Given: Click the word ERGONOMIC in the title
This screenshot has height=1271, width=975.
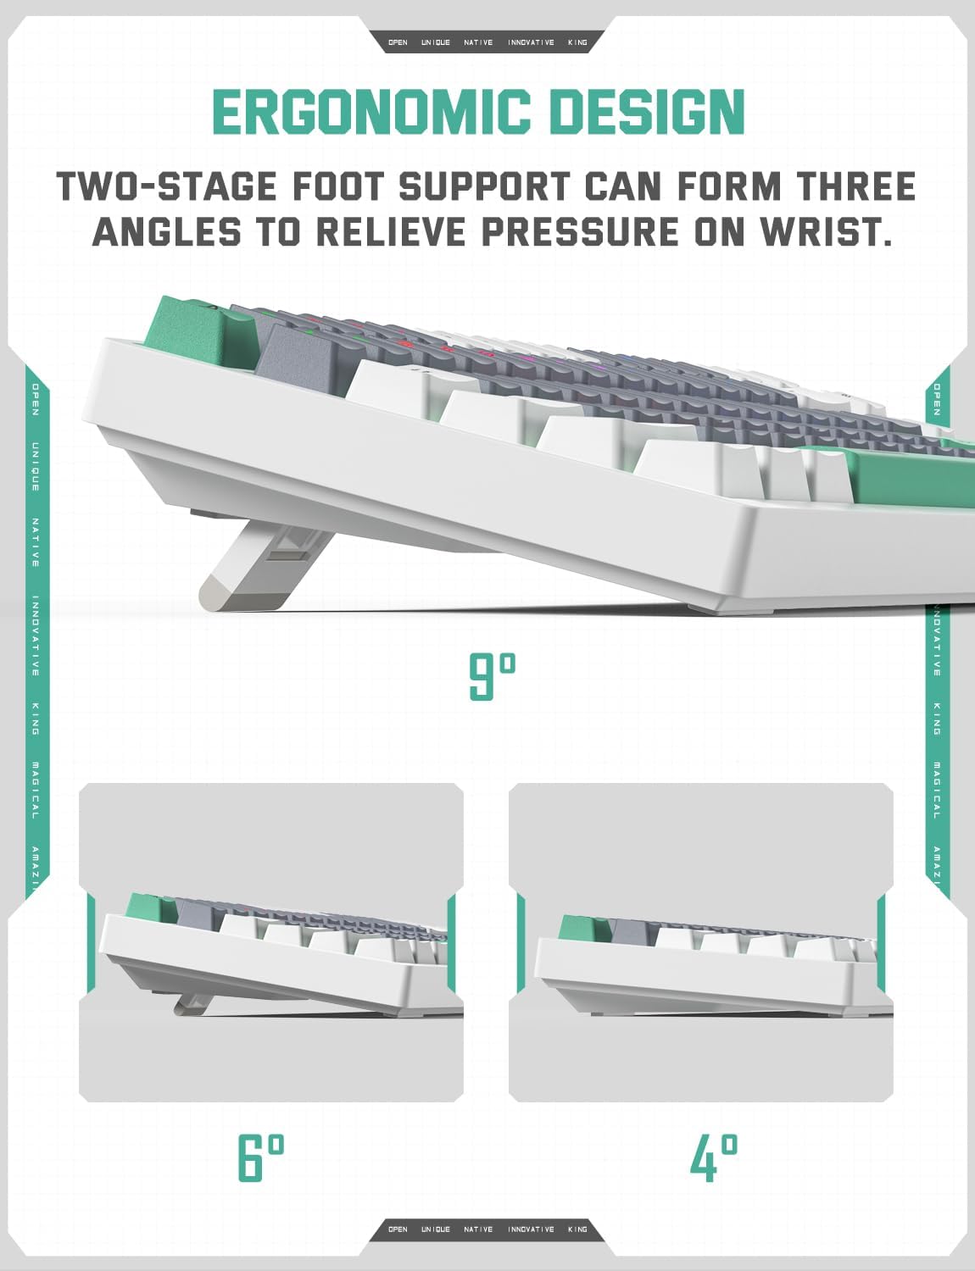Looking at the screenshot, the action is point(371,112).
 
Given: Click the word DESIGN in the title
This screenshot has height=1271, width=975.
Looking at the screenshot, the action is point(648,112).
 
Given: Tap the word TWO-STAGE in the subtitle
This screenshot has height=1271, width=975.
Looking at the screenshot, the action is point(166,186).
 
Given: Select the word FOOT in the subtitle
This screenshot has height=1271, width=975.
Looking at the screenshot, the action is point(337,186).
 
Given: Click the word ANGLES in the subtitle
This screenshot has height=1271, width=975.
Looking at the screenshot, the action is point(167,231).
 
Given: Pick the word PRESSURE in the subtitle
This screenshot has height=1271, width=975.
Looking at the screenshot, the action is point(580,231).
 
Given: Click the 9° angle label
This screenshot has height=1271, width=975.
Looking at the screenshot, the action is point(493,676).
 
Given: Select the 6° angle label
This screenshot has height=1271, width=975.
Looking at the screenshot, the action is point(260,1157).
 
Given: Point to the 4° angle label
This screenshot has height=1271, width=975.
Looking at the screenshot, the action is point(714,1157).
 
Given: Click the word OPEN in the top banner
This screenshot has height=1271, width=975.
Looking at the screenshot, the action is point(398,42).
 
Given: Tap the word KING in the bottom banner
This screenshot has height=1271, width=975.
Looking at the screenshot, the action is point(577,1229).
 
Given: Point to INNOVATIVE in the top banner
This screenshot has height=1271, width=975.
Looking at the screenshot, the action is point(531,42).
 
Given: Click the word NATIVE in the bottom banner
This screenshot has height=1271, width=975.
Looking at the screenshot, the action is point(478,1229).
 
